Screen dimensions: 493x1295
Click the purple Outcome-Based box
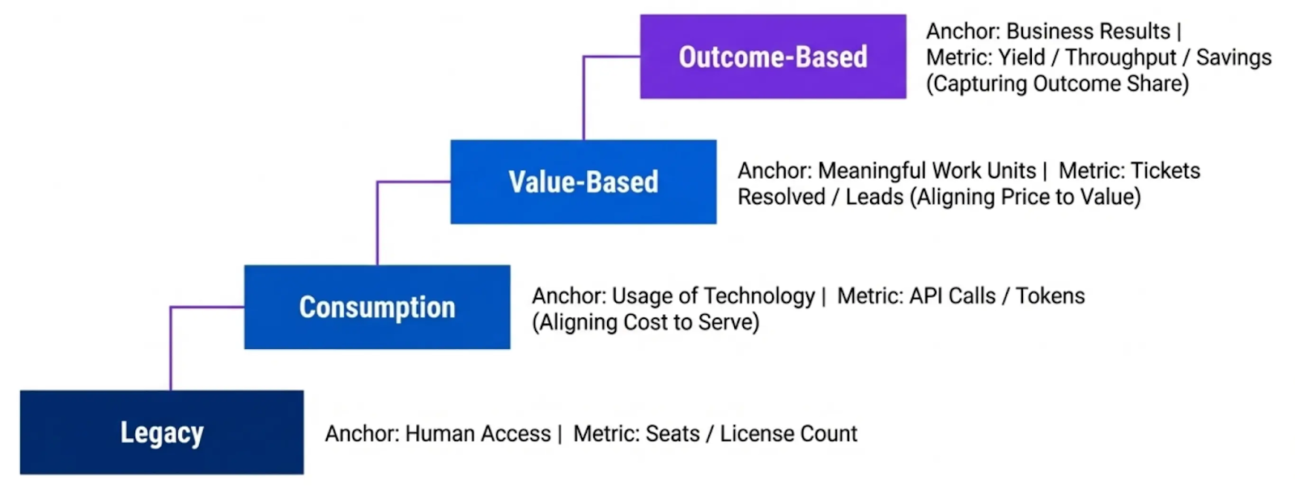[773, 57]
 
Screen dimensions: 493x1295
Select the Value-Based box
[583, 182]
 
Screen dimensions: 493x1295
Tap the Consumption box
[377, 308]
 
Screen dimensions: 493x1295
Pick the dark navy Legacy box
[162, 433]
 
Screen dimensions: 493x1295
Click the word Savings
[1233, 57]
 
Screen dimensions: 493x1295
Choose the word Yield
[1021, 57]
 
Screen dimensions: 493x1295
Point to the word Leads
[874, 198]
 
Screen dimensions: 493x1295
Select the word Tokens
[1050, 296]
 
